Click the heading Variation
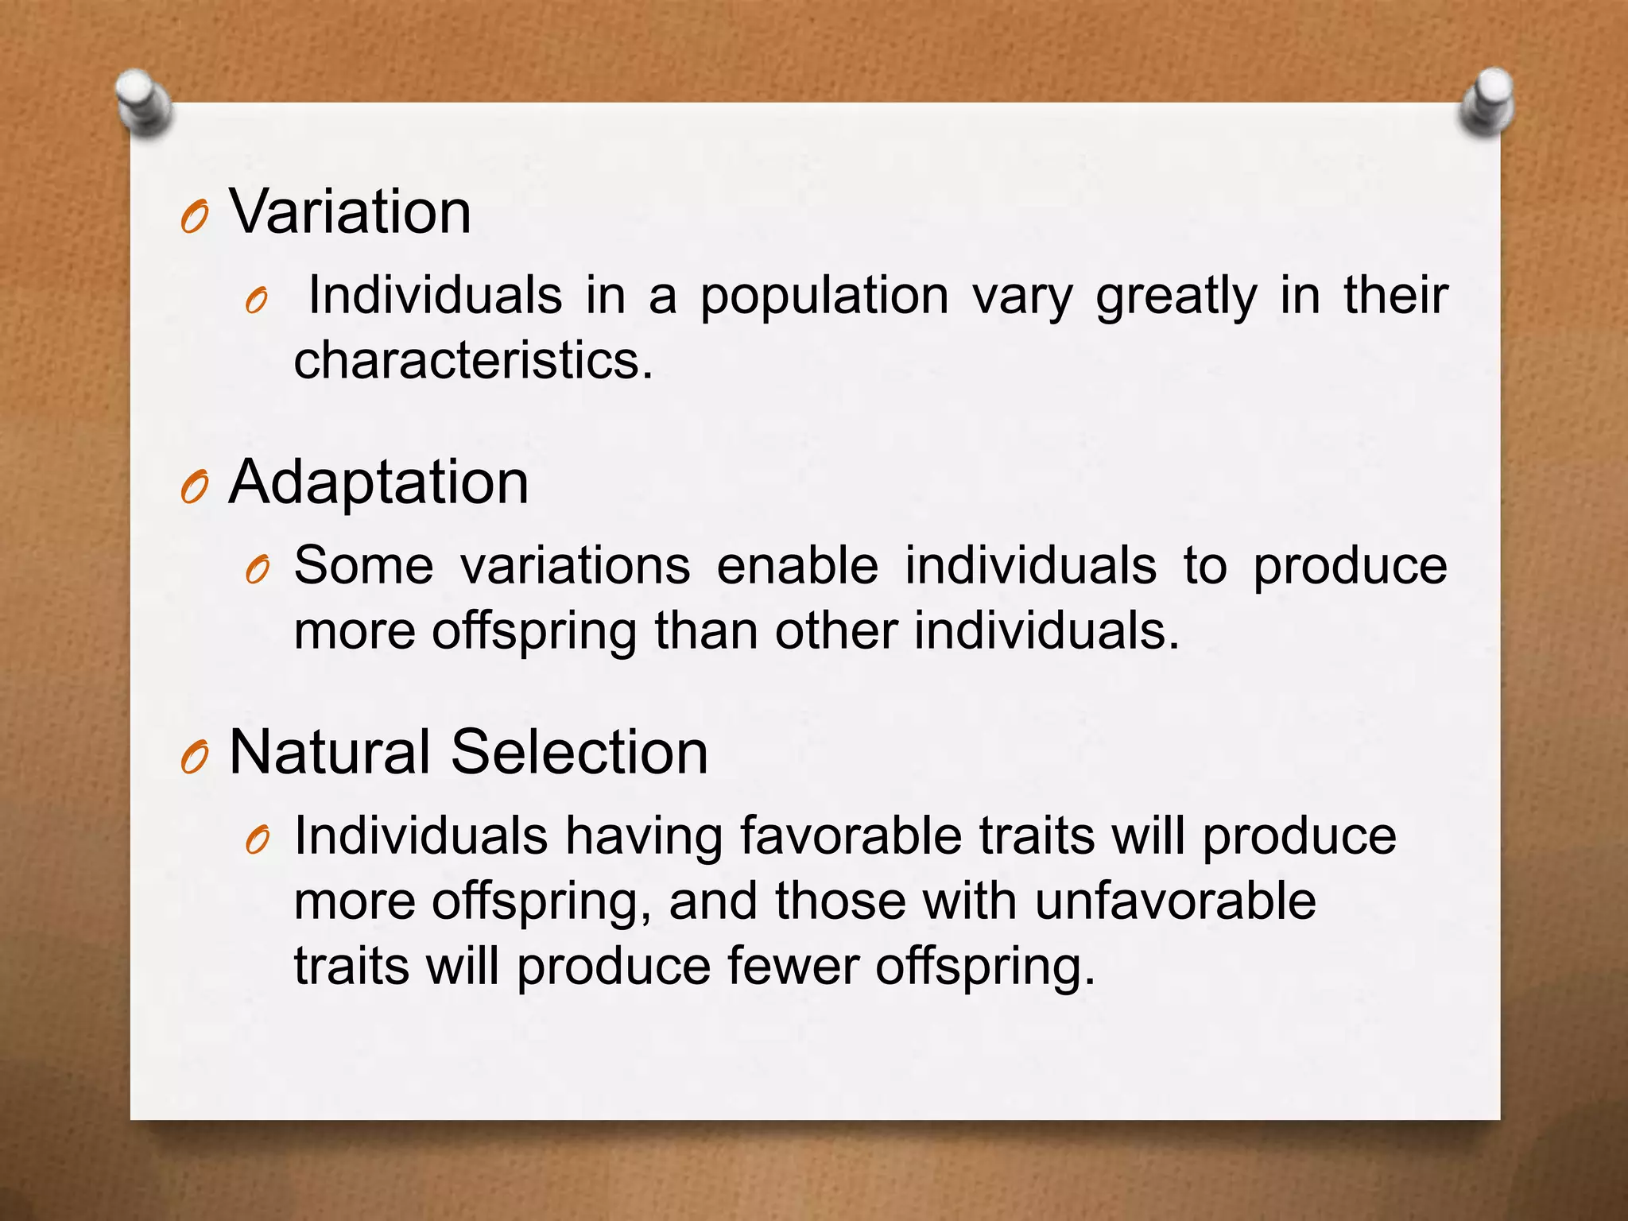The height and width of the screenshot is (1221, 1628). tap(350, 212)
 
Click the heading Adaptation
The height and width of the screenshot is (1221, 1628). tap(378, 483)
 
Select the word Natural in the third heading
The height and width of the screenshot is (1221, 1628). tap(330, 752)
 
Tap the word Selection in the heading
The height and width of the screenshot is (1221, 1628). tap(579, 752)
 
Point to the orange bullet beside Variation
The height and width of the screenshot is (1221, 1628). tap(195, 217)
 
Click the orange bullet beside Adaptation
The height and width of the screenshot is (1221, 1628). tap(195, 486)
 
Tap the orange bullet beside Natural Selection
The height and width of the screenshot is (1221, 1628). tap(195, 757)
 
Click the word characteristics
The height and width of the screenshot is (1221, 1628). tap(473, 360)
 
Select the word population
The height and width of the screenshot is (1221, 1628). tap(824, 297)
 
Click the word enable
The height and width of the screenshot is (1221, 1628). tap(797, 566)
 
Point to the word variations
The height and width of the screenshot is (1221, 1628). tap(576, 566)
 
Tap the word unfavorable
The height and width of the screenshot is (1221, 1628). tap(1175, 901)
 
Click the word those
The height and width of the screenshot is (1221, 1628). tap(840, 901)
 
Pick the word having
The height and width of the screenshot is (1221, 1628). tap(644, 838)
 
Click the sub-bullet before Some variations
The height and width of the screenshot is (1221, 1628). tap(258, 570)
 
